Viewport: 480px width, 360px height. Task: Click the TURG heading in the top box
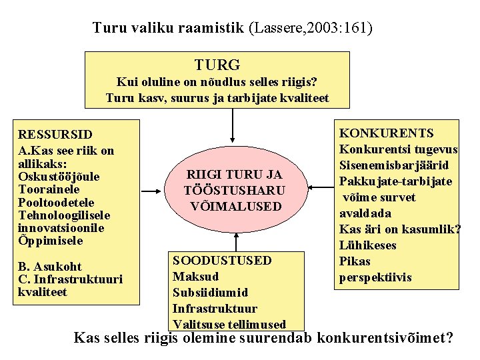[x=217, y=65]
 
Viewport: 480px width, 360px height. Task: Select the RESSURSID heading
[x=55, y=135]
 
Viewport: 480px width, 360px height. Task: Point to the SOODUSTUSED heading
[x=222, y=261]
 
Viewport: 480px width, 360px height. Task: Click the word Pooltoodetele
[x=57, y=203]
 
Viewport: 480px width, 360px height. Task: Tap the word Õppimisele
[x=51, y=241]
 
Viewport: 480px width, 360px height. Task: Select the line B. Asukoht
[x=51, y=267]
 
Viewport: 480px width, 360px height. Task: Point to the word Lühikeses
[x=367, y=245]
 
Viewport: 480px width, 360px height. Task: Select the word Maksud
[x=195, y=277]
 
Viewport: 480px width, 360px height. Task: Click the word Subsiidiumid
[x=210, y=293]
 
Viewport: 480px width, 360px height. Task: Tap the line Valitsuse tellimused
[x=229, y=325]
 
